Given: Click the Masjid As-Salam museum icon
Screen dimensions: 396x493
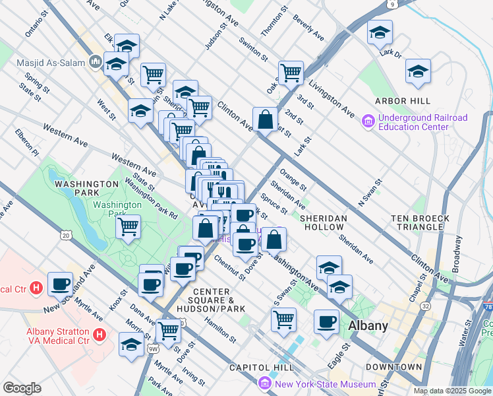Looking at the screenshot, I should [96, 62].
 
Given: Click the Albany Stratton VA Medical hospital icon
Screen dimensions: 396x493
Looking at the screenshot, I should [99, 335].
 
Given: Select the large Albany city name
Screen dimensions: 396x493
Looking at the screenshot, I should [368, 325].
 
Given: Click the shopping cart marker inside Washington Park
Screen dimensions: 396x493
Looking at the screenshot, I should [128, 226].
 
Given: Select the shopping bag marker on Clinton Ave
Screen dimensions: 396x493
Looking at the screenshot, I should [265, 119].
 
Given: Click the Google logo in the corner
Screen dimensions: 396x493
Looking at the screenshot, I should [22, 388].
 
